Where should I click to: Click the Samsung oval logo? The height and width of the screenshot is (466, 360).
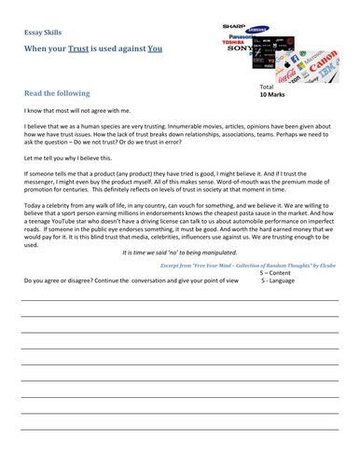[257, 29]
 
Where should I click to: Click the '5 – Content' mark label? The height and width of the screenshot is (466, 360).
[276, 272]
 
